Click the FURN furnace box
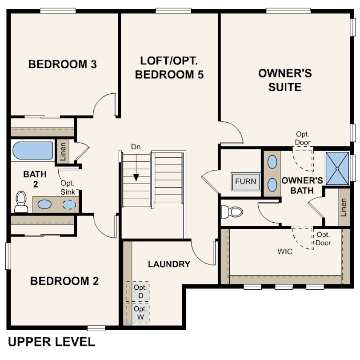coord(246,181)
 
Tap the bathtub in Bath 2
coord(32,150)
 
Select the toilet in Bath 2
coord(21,202)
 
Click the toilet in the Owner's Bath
coord(232,212)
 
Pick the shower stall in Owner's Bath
coord(337,168)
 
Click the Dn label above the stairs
coord(136,147)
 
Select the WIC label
coord(285,252)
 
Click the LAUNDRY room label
coord(169,264)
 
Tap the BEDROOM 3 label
coord(63,64)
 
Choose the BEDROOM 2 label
coord(64,281)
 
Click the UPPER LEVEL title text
coord(52,342)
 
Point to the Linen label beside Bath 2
coord(63,152)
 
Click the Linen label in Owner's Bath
coord(344,207)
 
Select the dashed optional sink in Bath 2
coord(69,204)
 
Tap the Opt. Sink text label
coord(68,188)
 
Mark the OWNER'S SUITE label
coord(285,80)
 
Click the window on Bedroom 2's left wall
coord(8,256)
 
